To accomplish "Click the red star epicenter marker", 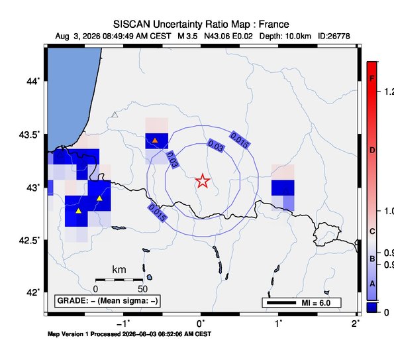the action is (203, 180).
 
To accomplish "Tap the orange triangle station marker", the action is (155, 140).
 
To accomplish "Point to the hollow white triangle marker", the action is (115, 115).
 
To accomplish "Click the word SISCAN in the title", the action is (132, 25).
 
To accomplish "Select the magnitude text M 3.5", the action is (187, 36).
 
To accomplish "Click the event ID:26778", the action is (334, 36).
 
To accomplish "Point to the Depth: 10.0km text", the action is (285, 36).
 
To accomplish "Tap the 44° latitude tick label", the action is (33, 82).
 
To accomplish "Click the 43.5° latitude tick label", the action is (29, 135).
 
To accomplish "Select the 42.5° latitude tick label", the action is (29, 241).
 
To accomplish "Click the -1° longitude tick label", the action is (123, 324).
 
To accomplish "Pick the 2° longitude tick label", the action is (356, 324).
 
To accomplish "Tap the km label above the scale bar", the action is (119, 270).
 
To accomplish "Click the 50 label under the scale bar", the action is (142, 289).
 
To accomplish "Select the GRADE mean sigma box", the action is (107, 301).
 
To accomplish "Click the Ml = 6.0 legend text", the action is (316, 303).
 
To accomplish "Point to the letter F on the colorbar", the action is (372, 79).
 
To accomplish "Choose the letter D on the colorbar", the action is (372, 150).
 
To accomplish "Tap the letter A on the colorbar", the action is (372, 284).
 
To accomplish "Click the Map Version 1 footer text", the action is (129, 334).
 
